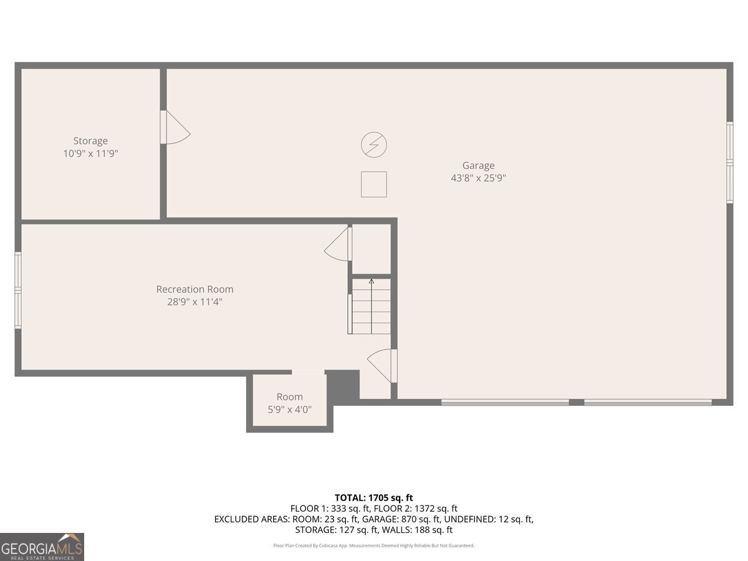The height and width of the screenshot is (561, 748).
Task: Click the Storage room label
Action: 90,141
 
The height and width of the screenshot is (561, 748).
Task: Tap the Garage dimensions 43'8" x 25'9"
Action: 478,178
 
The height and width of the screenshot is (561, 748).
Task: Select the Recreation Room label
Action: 194,289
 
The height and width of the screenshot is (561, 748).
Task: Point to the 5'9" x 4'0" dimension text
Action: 289,409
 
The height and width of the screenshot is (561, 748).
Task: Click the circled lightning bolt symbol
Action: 374,145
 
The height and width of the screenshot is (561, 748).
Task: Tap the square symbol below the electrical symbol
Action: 374,185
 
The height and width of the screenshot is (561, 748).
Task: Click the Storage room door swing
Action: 175,127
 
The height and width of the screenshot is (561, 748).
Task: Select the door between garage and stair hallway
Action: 381,366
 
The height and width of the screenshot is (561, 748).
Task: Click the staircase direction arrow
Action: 372,306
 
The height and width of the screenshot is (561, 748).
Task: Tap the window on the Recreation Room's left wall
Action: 18,290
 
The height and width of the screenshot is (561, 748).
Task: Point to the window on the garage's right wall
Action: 729,163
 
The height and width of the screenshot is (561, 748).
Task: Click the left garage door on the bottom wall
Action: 505,402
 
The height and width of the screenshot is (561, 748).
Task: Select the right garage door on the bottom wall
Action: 648,402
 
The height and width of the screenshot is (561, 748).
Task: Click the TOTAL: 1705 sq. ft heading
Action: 374,497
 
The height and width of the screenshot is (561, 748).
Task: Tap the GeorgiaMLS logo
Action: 42,547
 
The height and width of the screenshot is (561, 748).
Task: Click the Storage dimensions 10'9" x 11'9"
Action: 90,153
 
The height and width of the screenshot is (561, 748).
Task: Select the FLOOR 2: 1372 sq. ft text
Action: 416,509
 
